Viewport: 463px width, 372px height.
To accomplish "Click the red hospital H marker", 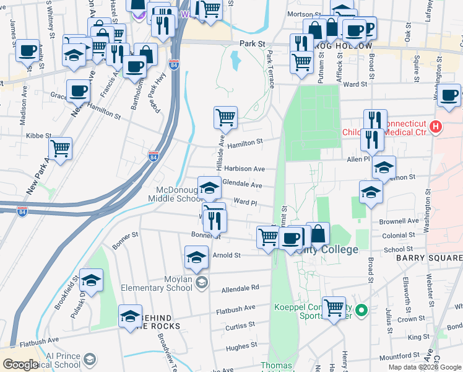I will point(436,127).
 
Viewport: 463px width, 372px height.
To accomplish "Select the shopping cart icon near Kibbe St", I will point(60,148).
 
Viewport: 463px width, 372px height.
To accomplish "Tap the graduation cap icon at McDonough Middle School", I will point(209,187).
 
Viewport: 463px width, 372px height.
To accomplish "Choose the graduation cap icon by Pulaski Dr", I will point(91,280).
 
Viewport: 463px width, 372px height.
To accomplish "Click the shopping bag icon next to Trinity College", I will point(318,233).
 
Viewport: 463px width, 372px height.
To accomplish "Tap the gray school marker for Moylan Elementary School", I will point(201,283).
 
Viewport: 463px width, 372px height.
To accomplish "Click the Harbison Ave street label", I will point(244,169).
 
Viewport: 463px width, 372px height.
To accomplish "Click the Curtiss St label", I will point(235,326).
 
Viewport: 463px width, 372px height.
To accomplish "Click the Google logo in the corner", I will point(20,365).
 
